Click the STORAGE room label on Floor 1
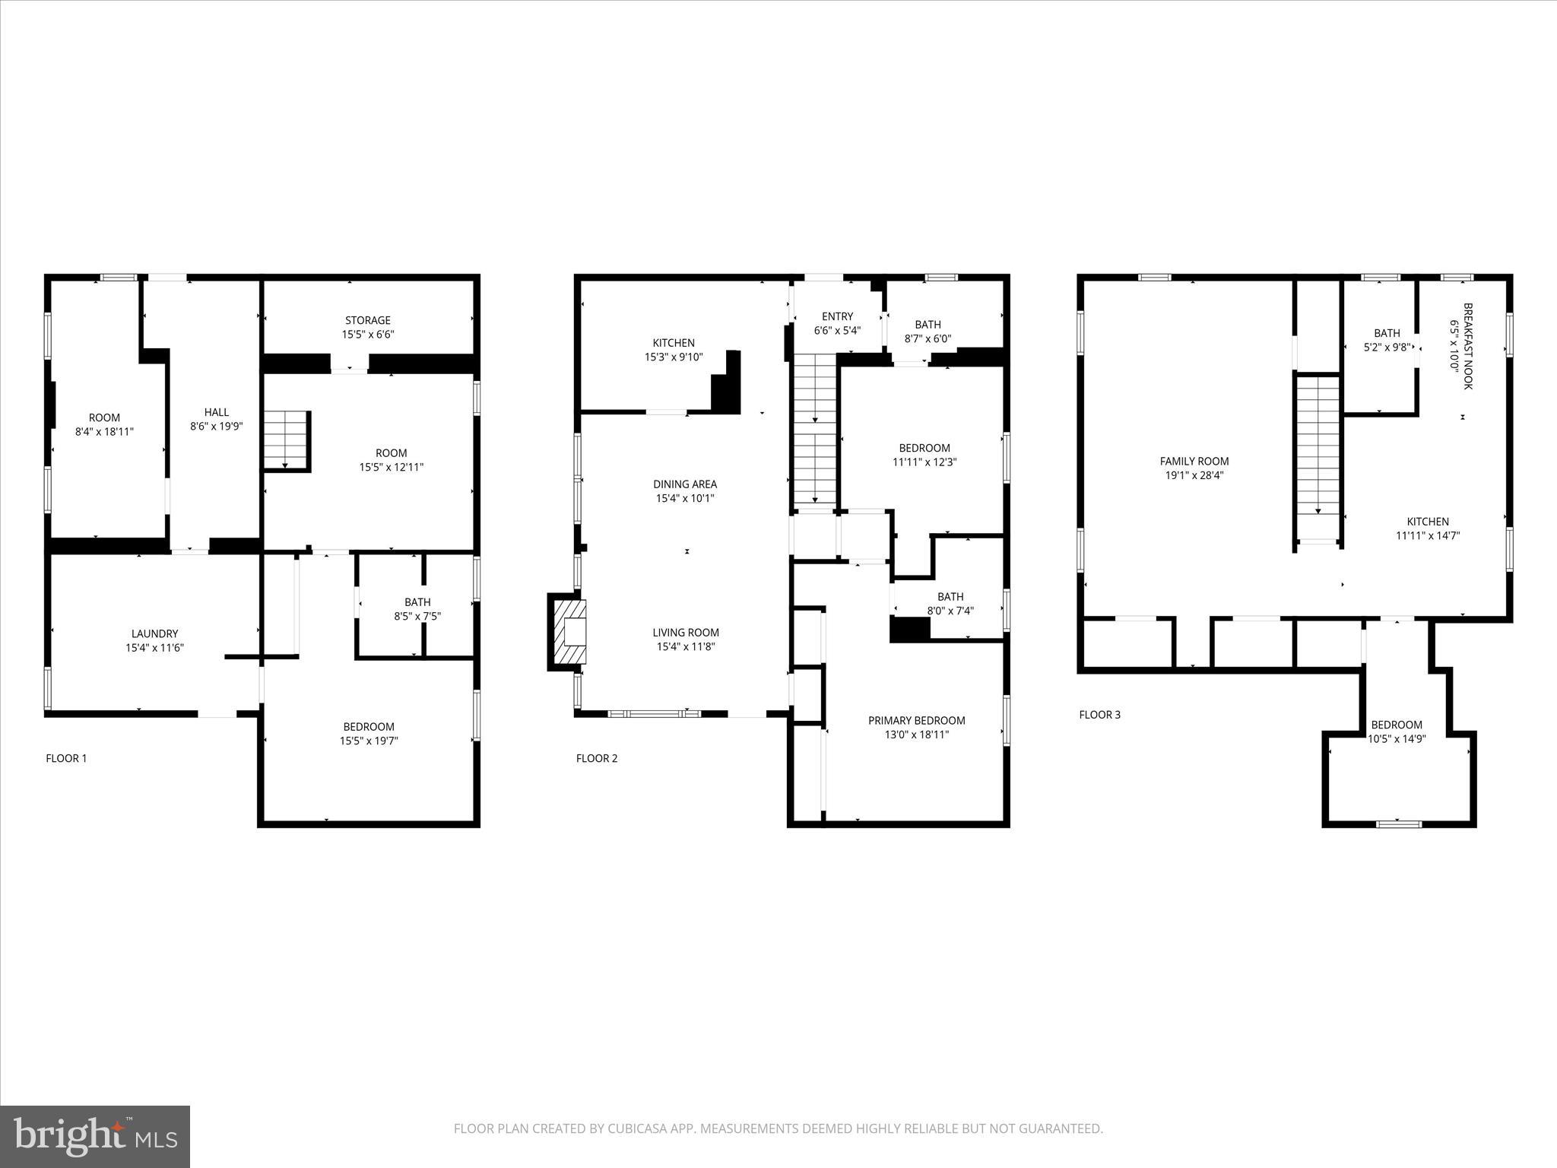368,320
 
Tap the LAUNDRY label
154,633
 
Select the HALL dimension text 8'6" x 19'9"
216,427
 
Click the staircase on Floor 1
286,440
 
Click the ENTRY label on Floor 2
837,316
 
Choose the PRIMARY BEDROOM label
916,720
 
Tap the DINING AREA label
685,484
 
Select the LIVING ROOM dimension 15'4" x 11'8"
686,647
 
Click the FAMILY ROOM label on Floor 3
1194,461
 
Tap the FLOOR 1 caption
66,758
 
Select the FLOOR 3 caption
1099,715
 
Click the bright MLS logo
95,1136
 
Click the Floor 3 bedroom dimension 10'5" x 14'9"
1397,738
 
